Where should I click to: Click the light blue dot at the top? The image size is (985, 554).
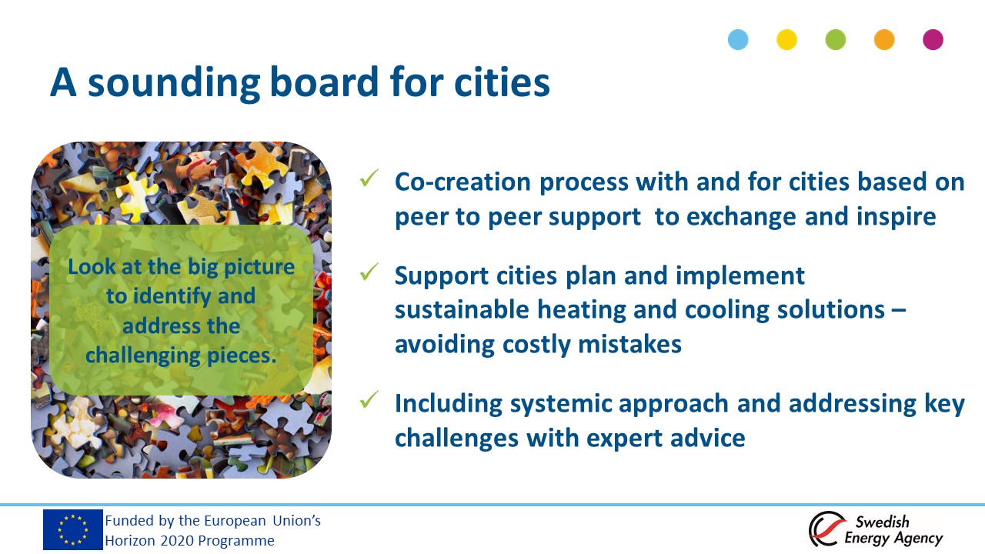point(738,39)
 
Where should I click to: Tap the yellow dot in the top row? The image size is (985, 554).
point(786,39)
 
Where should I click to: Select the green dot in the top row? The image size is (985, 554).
point(836,39)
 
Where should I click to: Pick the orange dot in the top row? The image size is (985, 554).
point(884,39)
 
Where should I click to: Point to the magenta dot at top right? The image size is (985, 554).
point(933,39)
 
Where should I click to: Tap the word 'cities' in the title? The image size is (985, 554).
point(502,82)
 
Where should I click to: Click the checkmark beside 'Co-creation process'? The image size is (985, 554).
point(369,178)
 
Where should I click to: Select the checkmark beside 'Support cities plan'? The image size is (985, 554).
point(369,272)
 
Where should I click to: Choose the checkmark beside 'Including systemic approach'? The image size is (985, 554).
point(369,399)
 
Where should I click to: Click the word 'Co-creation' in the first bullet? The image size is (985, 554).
point(463,182)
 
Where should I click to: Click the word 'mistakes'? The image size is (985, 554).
point(629,344)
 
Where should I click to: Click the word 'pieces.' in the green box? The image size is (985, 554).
point(242,356)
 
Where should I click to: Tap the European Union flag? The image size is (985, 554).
point(73,530)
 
